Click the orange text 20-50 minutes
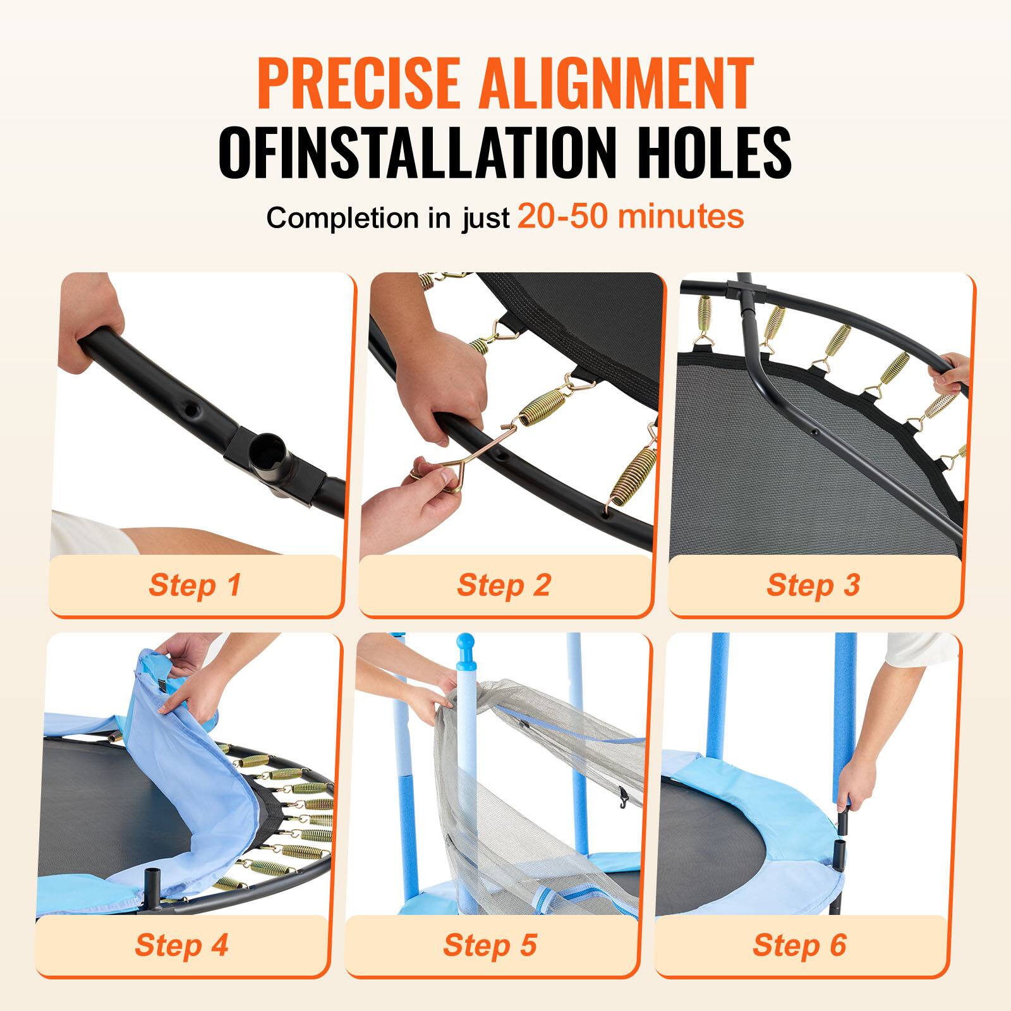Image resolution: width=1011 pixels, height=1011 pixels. (x=630, y=217)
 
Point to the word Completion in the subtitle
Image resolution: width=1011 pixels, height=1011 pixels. (x=342, y=218)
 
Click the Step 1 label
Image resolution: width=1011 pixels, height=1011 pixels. (x=195, y=584)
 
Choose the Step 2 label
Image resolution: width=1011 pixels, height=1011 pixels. (x=504, y=584)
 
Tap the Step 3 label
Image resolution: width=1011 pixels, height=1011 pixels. (x=813, y=584)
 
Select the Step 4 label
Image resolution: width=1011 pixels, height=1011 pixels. (x=181, y=945)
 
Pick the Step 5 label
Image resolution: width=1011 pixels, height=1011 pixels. (x=490, y=945)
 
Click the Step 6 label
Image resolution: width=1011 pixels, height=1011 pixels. (x=799, y=945)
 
